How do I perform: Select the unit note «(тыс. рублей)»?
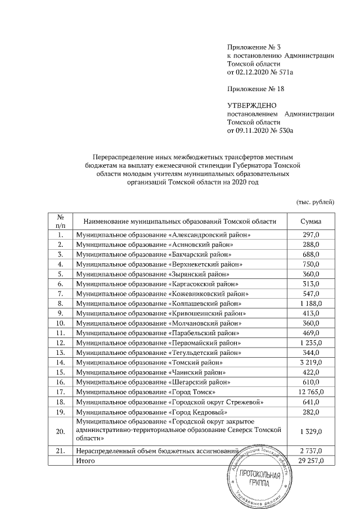(316, 201)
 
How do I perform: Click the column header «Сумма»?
(310, 221)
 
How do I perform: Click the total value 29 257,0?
(310, 461)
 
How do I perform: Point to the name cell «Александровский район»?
(163, 234)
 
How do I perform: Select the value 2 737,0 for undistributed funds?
(310, 451)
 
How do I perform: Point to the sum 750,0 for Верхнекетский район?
(310, 264)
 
